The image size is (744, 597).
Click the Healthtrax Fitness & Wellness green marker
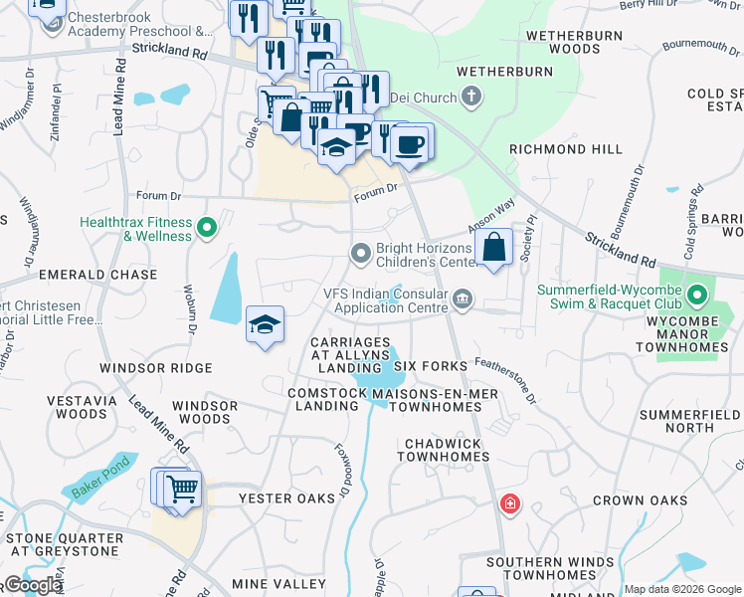[207, 229]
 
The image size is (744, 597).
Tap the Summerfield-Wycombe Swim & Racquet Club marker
[698, 295]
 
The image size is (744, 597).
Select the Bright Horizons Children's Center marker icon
[360, 255]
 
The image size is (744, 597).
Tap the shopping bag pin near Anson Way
[493, 247]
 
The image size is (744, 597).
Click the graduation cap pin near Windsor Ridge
[265, 325]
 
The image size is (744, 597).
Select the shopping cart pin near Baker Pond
[180, 489]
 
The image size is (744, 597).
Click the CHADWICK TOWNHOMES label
[443, 450]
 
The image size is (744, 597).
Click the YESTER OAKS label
[279, 498]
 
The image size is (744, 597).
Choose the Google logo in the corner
[32, 585]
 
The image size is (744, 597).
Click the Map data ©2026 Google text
[681, 590]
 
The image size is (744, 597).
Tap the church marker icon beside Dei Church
[471, 98]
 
